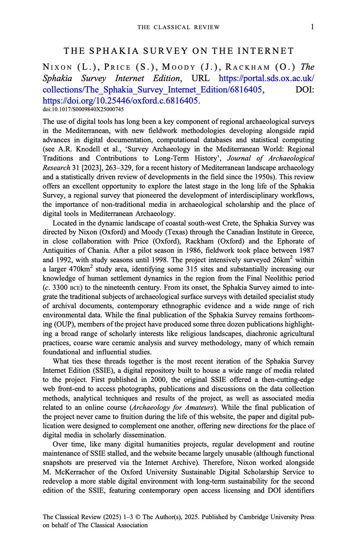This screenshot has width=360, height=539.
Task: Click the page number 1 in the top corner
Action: click(x=312, y=27)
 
